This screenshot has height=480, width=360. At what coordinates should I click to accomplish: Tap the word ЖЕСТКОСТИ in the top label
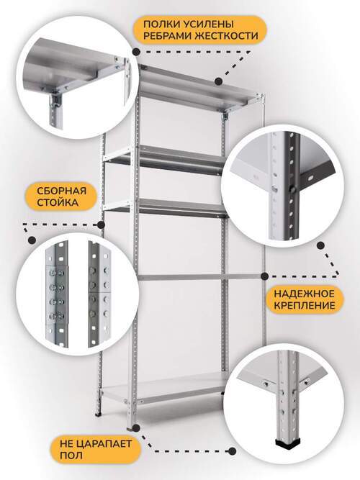click(227, 35)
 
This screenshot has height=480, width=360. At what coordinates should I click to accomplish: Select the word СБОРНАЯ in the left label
click(62, 191)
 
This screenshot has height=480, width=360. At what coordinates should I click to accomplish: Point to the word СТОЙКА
click(58, 202)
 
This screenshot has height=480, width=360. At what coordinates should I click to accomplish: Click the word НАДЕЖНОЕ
click(305, 294)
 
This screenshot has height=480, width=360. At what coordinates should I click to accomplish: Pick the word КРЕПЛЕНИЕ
click(305, 306)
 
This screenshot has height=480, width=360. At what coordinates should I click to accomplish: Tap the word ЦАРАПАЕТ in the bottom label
click(104, 443)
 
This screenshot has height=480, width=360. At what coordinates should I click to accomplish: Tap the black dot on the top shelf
click(218, 81)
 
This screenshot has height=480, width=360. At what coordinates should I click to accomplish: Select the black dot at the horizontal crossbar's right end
click(265, 276)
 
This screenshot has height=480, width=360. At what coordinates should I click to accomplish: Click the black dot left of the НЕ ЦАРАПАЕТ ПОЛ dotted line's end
click(233, 451)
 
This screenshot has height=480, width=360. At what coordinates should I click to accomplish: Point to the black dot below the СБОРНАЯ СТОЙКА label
click(32, 240)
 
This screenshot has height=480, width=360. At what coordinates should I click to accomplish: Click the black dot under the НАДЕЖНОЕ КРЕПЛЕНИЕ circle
click(321, 245)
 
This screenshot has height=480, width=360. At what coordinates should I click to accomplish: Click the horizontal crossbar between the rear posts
click(199, 277)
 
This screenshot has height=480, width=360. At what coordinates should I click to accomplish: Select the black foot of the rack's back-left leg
click(99, 415)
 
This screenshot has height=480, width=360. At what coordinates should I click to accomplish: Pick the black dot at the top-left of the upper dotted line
click(137, 52)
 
